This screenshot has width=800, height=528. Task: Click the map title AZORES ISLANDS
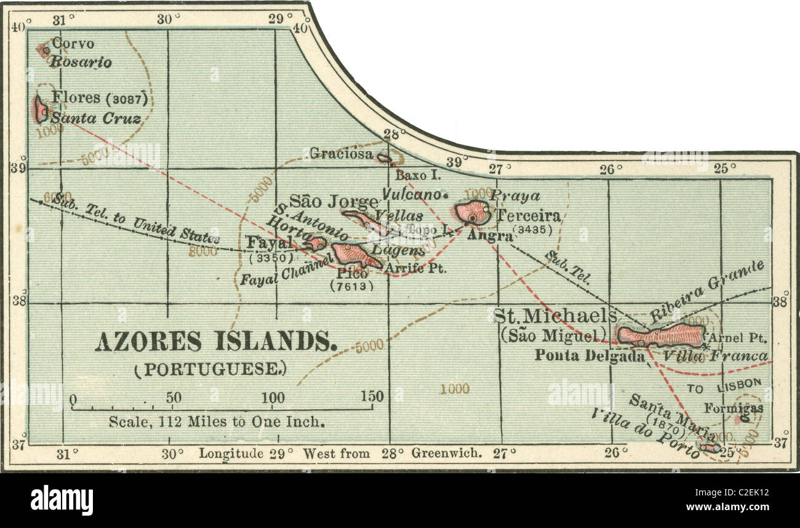(x=215, y=342)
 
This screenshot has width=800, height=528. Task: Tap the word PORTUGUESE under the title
(x=210, y=369)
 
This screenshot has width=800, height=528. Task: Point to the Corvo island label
(x=73, y=44)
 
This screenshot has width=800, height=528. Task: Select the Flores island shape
(x=41, y=110)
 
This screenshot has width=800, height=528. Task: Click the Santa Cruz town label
(x=95, y=119)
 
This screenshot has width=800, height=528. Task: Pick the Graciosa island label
(x=341, y=153)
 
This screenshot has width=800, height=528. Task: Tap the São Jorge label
(x=333, y=201)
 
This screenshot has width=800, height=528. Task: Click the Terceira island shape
(x=473, y=212)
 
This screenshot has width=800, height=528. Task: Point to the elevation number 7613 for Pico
(x=351, y=286)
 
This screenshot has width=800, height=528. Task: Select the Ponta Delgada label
(x=589, y=356)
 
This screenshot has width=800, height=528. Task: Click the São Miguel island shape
(x=661, y=335)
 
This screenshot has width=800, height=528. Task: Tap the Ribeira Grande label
(x=708, y=292)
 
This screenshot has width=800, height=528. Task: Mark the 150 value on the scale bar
(x=372, y=397)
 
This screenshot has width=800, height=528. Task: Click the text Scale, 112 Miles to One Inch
(x=216, y=422)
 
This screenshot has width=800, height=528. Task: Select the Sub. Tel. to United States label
(x=135, y=218)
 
